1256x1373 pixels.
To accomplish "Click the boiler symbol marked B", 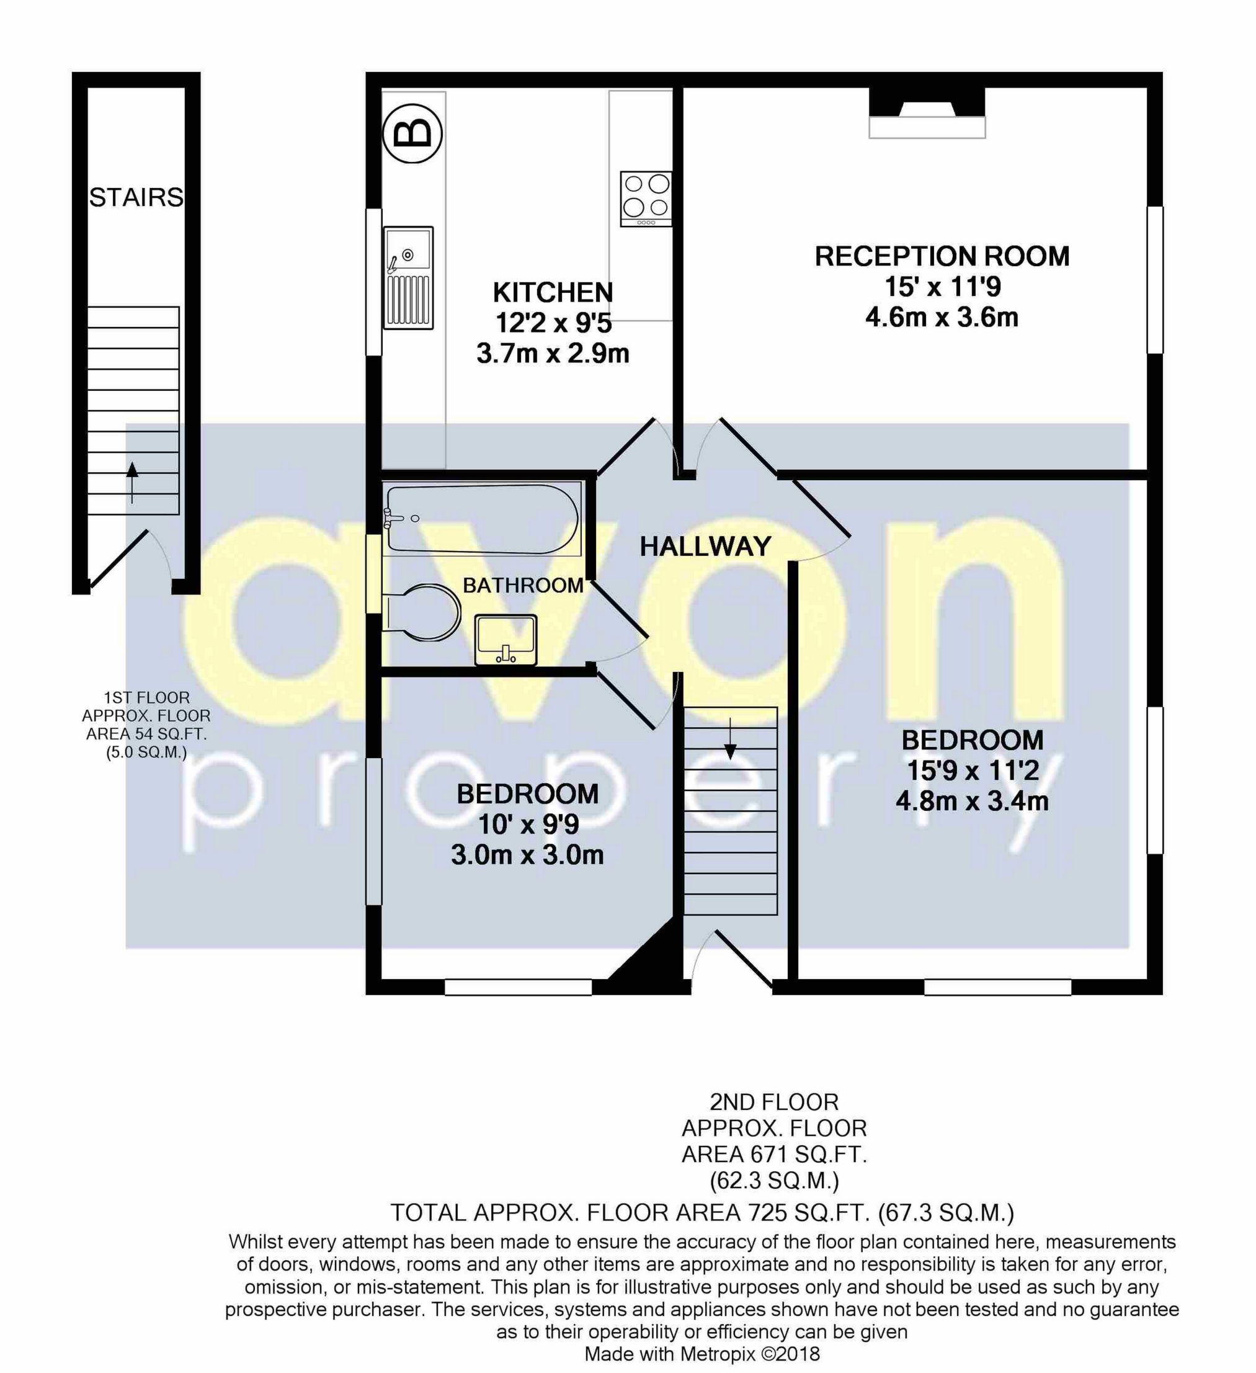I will pyautogui.click(x=412, y=133).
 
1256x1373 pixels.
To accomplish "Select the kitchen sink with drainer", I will pyautogui.click(x=408, y=278).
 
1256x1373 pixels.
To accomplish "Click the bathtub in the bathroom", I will pyautogui.click(x=481, y=519).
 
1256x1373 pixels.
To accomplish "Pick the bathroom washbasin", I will pyautogui.click(x=505, y=640).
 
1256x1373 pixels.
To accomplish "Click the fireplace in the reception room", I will pyautogui.click(x=927, y=117).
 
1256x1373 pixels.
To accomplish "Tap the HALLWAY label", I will pyautogui.click(x=705, y=546).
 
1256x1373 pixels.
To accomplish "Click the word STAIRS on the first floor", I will pyautogui.click(x=136, y=197).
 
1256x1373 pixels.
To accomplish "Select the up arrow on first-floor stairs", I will pyautogui.click(x=132, y=480).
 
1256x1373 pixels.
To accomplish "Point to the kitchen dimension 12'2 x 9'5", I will pyautogui.click(x=552, y=323).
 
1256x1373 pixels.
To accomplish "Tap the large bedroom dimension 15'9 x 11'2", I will pyautogui.click(x=972, y=771).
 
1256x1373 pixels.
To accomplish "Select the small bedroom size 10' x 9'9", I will pyautogui.click(x=528, y=824).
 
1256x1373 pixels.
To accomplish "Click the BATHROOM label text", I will pyautogui.click(x=523, y=585).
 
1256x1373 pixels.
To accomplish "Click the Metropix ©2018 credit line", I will pyautogui.click(x=702, y=1354).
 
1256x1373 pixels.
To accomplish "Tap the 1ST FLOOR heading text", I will pyautogui.click(x=146, y=697).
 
